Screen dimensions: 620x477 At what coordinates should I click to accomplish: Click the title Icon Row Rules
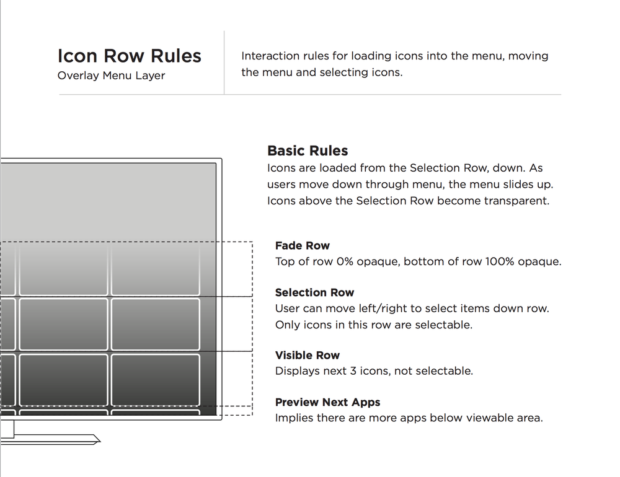click(129, 56)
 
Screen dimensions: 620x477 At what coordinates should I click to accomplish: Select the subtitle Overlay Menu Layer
click(111, 76)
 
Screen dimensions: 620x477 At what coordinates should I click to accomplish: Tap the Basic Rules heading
click(308, 151)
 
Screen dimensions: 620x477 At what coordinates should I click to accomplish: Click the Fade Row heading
click(302, 245)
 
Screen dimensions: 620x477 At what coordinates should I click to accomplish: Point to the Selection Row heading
click(314, 292)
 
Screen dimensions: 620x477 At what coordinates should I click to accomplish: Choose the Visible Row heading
click(308, 355)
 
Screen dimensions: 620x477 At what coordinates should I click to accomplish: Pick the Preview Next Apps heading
click(327, 402)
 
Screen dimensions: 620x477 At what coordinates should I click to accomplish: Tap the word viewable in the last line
click(493, 418)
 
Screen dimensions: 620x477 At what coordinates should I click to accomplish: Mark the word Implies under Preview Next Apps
click(294, 418)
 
